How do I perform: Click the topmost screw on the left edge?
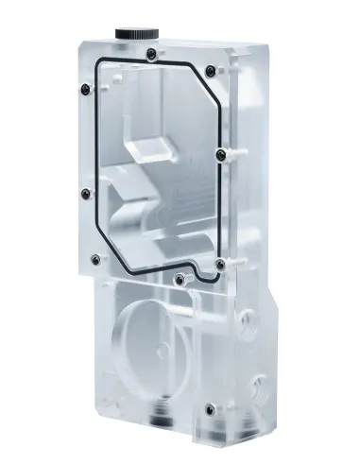point(84,90)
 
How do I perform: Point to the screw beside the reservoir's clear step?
point(221,153)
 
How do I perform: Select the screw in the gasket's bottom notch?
point(179,277)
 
